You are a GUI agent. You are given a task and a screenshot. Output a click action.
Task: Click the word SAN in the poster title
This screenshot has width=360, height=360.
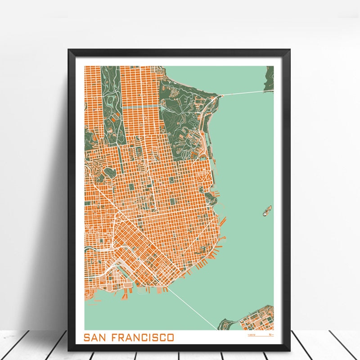coord(95,337)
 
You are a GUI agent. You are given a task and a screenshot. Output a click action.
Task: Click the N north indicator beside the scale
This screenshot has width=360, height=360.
coord(270,335)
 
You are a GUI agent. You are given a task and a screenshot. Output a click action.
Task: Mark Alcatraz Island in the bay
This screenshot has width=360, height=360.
coord(267,210)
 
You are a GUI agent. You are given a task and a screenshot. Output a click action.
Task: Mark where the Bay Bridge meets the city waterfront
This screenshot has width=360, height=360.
coord(169,288)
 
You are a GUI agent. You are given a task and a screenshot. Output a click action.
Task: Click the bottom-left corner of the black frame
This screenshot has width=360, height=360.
coord(69,350)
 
